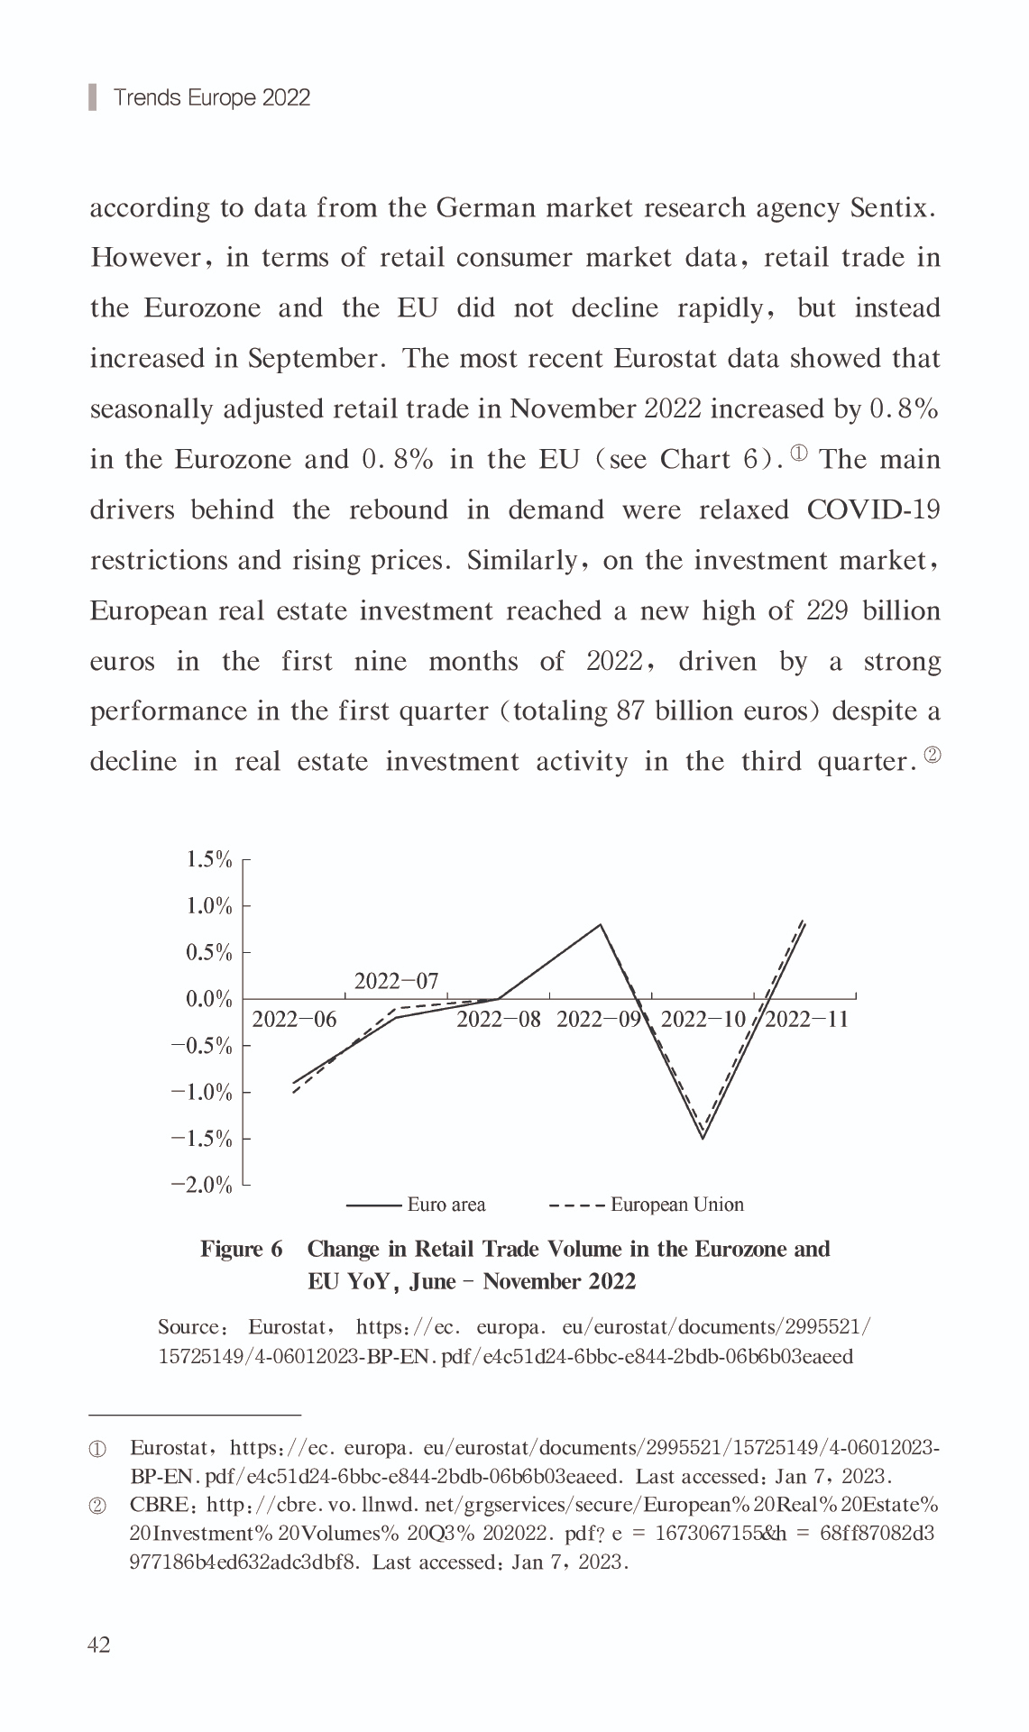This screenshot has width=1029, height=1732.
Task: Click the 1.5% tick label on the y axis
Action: (x=208, y=859)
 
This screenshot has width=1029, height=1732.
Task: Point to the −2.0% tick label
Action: (x=201, y=1185)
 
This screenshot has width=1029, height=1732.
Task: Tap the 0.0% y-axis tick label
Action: (x=208, y=999)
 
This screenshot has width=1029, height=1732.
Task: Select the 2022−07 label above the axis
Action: (x=396, y=981)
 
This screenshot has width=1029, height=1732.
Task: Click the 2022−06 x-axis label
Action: (x=294, y=1020)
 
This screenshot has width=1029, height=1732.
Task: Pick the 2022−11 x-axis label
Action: (x=807, y=1020)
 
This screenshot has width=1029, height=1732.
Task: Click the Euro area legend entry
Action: (x=446, y=1205)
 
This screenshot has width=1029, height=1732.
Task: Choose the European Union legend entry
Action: (x=676, y=1205)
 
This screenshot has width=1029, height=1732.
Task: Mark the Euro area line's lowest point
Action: (x=703, y=1138)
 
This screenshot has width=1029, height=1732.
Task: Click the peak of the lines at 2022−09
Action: (x=601, y=924)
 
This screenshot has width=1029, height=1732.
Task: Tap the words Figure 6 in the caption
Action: (x=241, y=1249)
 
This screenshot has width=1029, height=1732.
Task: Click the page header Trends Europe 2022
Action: (x=212, y=97)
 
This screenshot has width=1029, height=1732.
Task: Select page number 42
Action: (x=98, y=1645)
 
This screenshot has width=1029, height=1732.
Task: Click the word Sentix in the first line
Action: (x=889, y=208)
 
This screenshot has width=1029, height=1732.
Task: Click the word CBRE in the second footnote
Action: (x=159, y=1505)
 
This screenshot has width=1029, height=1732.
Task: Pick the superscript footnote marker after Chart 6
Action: (x=799, y=453)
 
